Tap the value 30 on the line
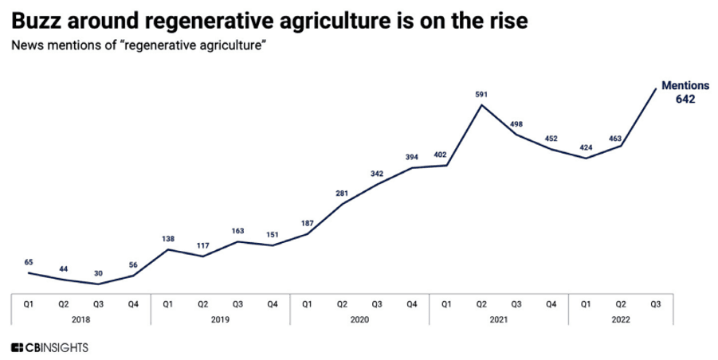pyautogui.click(x=98, y=273)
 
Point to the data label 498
pyautogui.click(x=516, y=124)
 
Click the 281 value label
pyautogui.click(x=343, y=192)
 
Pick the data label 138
pyautogui.click(x=168, y=238)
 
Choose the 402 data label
pyautogui.click(x=446, y=156)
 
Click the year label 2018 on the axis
pyautogui.click(x=80, y=319)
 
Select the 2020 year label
pyautogui.click(x=359, y=319)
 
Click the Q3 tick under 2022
pyautogui.click(x=656, y=303)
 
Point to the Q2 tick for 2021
pyautogui.click(x=481, y=303)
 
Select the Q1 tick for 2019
pyautogui.click(x=168, y=303)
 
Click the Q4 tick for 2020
pyautogui.click(x=412, y=303)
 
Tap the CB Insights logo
pyautogui.click(x=49, y=347)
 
